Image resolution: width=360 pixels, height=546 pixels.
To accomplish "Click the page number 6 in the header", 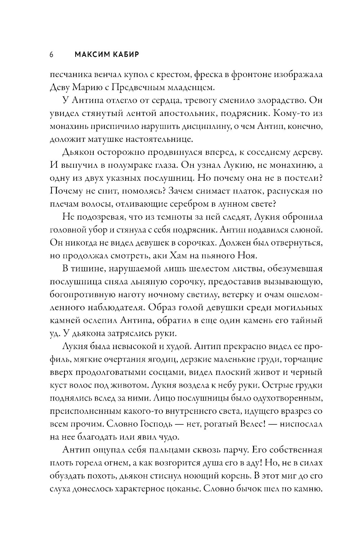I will (x=51, y=55).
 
